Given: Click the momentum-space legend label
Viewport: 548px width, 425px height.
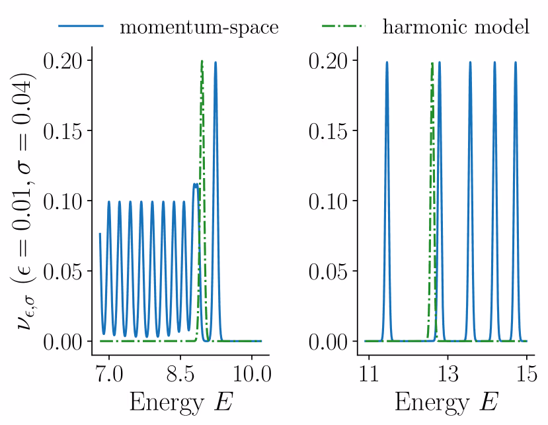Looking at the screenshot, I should pyautogui.click(x=198, y=27).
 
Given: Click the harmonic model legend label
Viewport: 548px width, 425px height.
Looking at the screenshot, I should pyautogui.click(x=456, y=27).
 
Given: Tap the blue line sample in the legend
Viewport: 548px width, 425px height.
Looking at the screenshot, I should pyautogui.click(x=81, y=26).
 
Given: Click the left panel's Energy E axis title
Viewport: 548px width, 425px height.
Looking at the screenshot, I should pyautogui.click(x=180, y=402).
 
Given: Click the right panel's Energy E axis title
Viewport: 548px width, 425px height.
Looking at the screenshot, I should pyautogui.click(x=448, y=402).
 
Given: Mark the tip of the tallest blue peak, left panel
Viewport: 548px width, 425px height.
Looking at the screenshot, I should pyautogui.click(x=215, y=62).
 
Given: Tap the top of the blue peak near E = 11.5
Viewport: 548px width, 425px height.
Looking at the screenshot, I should pyautogui.click(x=387, y=62).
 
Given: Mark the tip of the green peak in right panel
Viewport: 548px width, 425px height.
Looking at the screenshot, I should pyautogui.click(x=432, y=63).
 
